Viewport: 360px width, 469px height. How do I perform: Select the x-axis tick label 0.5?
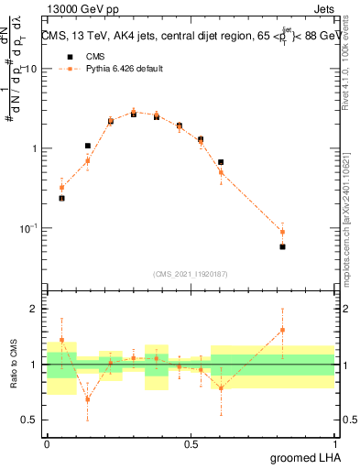191,443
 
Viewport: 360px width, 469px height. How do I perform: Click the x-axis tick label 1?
334,443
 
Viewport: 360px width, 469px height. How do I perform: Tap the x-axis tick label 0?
47,443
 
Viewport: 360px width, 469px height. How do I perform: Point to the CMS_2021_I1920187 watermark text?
191,273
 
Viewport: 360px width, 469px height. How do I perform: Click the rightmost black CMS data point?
282,246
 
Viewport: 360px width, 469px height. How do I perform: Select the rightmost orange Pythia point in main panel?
282,232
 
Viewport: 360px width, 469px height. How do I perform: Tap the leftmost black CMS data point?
61,198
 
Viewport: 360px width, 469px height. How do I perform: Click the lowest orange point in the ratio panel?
88,399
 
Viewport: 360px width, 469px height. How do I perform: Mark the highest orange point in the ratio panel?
282,330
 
